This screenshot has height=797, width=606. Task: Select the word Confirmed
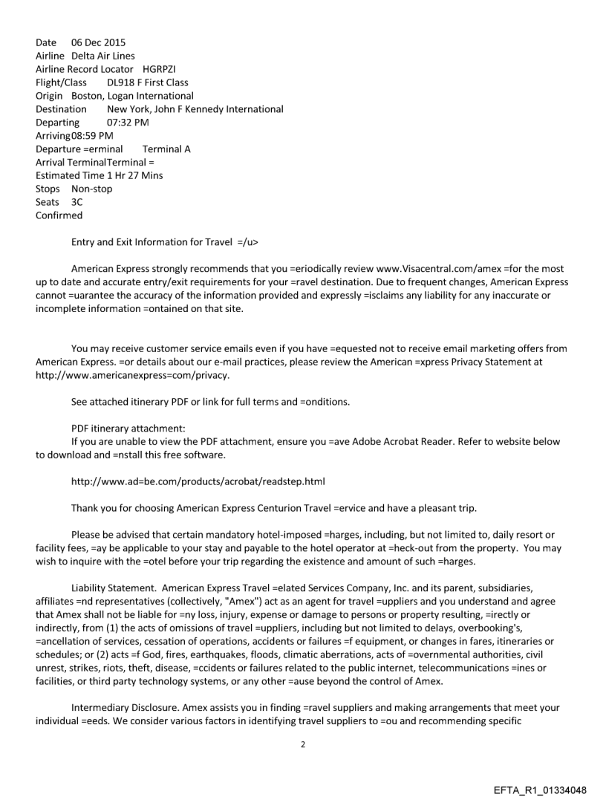(x=59, y=215)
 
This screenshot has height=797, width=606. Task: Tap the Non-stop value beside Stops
(x=92, y=189)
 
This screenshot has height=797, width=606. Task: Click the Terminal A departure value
(x=166, y=149)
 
